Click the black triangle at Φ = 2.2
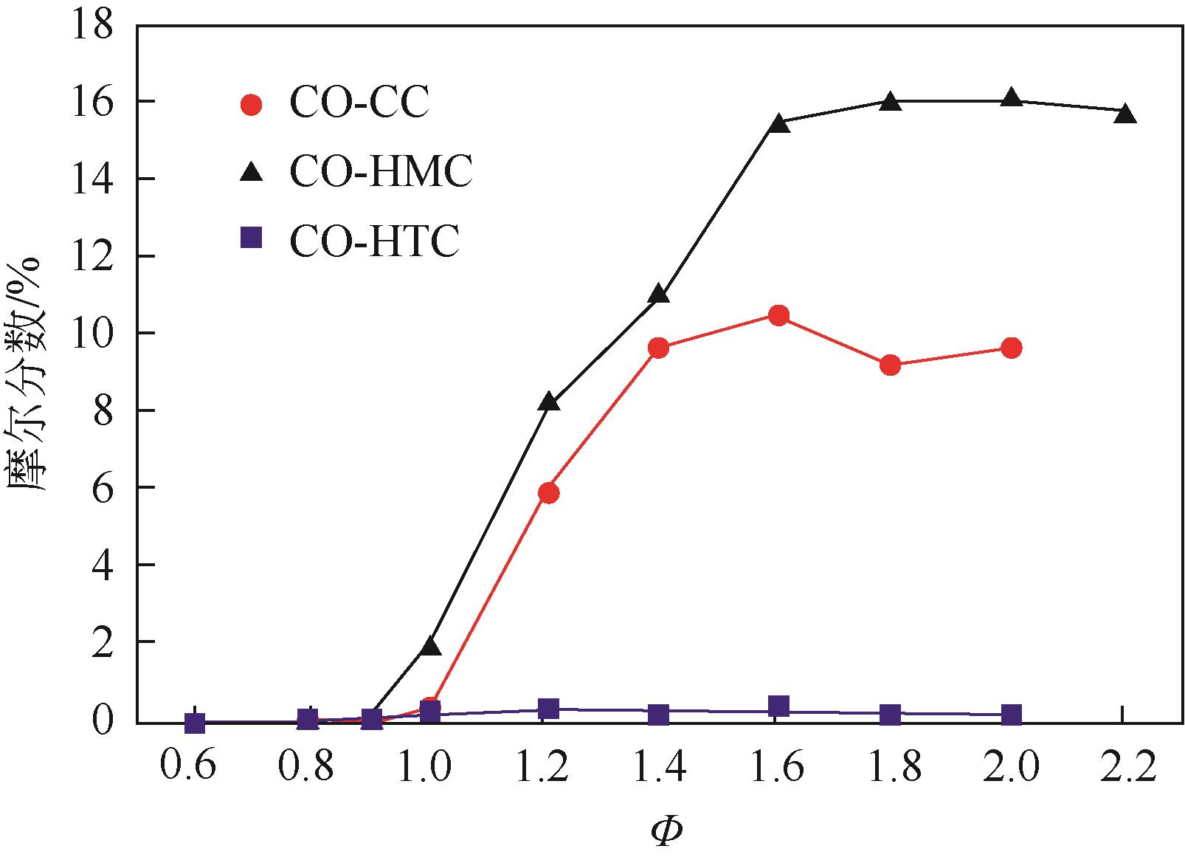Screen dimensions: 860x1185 tap(1124, 114)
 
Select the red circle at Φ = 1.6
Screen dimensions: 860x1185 tap(778, 316)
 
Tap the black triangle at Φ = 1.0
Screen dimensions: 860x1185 tap(431, 647)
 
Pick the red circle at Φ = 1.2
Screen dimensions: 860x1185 tap(548, 492)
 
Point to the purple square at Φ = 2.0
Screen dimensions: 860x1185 tap(1012, 715)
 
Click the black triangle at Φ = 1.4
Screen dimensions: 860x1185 tap(659, 295)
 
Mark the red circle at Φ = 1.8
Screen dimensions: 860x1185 tap(891, 365)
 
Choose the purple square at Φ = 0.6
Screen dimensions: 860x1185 tap(195, 723)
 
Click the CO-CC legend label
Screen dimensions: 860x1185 tap(359, 103)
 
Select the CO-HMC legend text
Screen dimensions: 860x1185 tap(381, 173)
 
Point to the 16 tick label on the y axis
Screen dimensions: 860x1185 tap(91, 102)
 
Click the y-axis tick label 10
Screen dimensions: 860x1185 tap(91, 334)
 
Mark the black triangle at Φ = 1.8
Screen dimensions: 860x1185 tap(891, 102)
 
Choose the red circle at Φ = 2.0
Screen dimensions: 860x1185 tap(1012, 348)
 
